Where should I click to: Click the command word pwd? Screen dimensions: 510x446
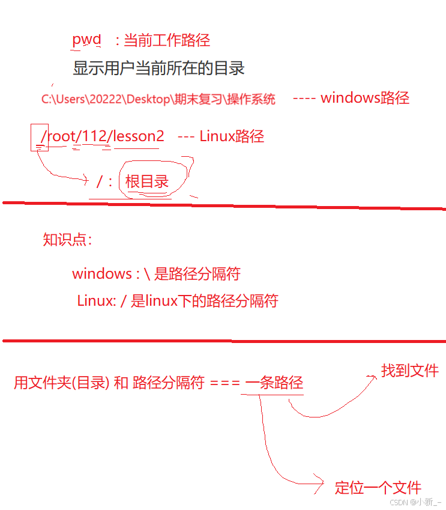pyautogui.click(x=86, y=40)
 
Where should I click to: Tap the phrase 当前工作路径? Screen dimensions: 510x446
pyautogui.click(x=166, y=40)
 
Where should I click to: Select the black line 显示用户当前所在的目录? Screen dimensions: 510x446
pyautogui.click(x=158, y=68)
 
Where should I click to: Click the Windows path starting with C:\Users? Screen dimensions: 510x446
pyautogui.click(x=158, y=99)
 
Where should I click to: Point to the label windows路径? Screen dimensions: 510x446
pyautogui.click(x=365, y=98)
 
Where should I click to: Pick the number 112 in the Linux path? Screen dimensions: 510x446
pyautogui.click(x=94, y=136)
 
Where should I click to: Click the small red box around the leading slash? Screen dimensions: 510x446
pyautogui.click(x=40, y=138)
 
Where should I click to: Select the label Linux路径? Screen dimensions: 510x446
pyautogui.click(x=232, y=136)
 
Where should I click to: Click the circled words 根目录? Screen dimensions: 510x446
pyautogui.click(x=147, y=181)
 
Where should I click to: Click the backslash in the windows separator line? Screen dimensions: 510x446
pyautogui.click(x=145, y=274)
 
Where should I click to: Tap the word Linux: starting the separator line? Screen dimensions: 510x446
pyautogui.click(x=96, y=300)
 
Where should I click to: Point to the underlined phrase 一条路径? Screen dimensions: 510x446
pyautogui.click(x=274, y=383)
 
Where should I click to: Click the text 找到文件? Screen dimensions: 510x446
pyautogui.click(x=410, y=371)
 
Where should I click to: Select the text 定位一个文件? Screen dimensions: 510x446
pyautogui.click(x=378, y=487)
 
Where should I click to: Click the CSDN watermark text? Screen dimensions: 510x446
pyautogui.click(x=414, y=502)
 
